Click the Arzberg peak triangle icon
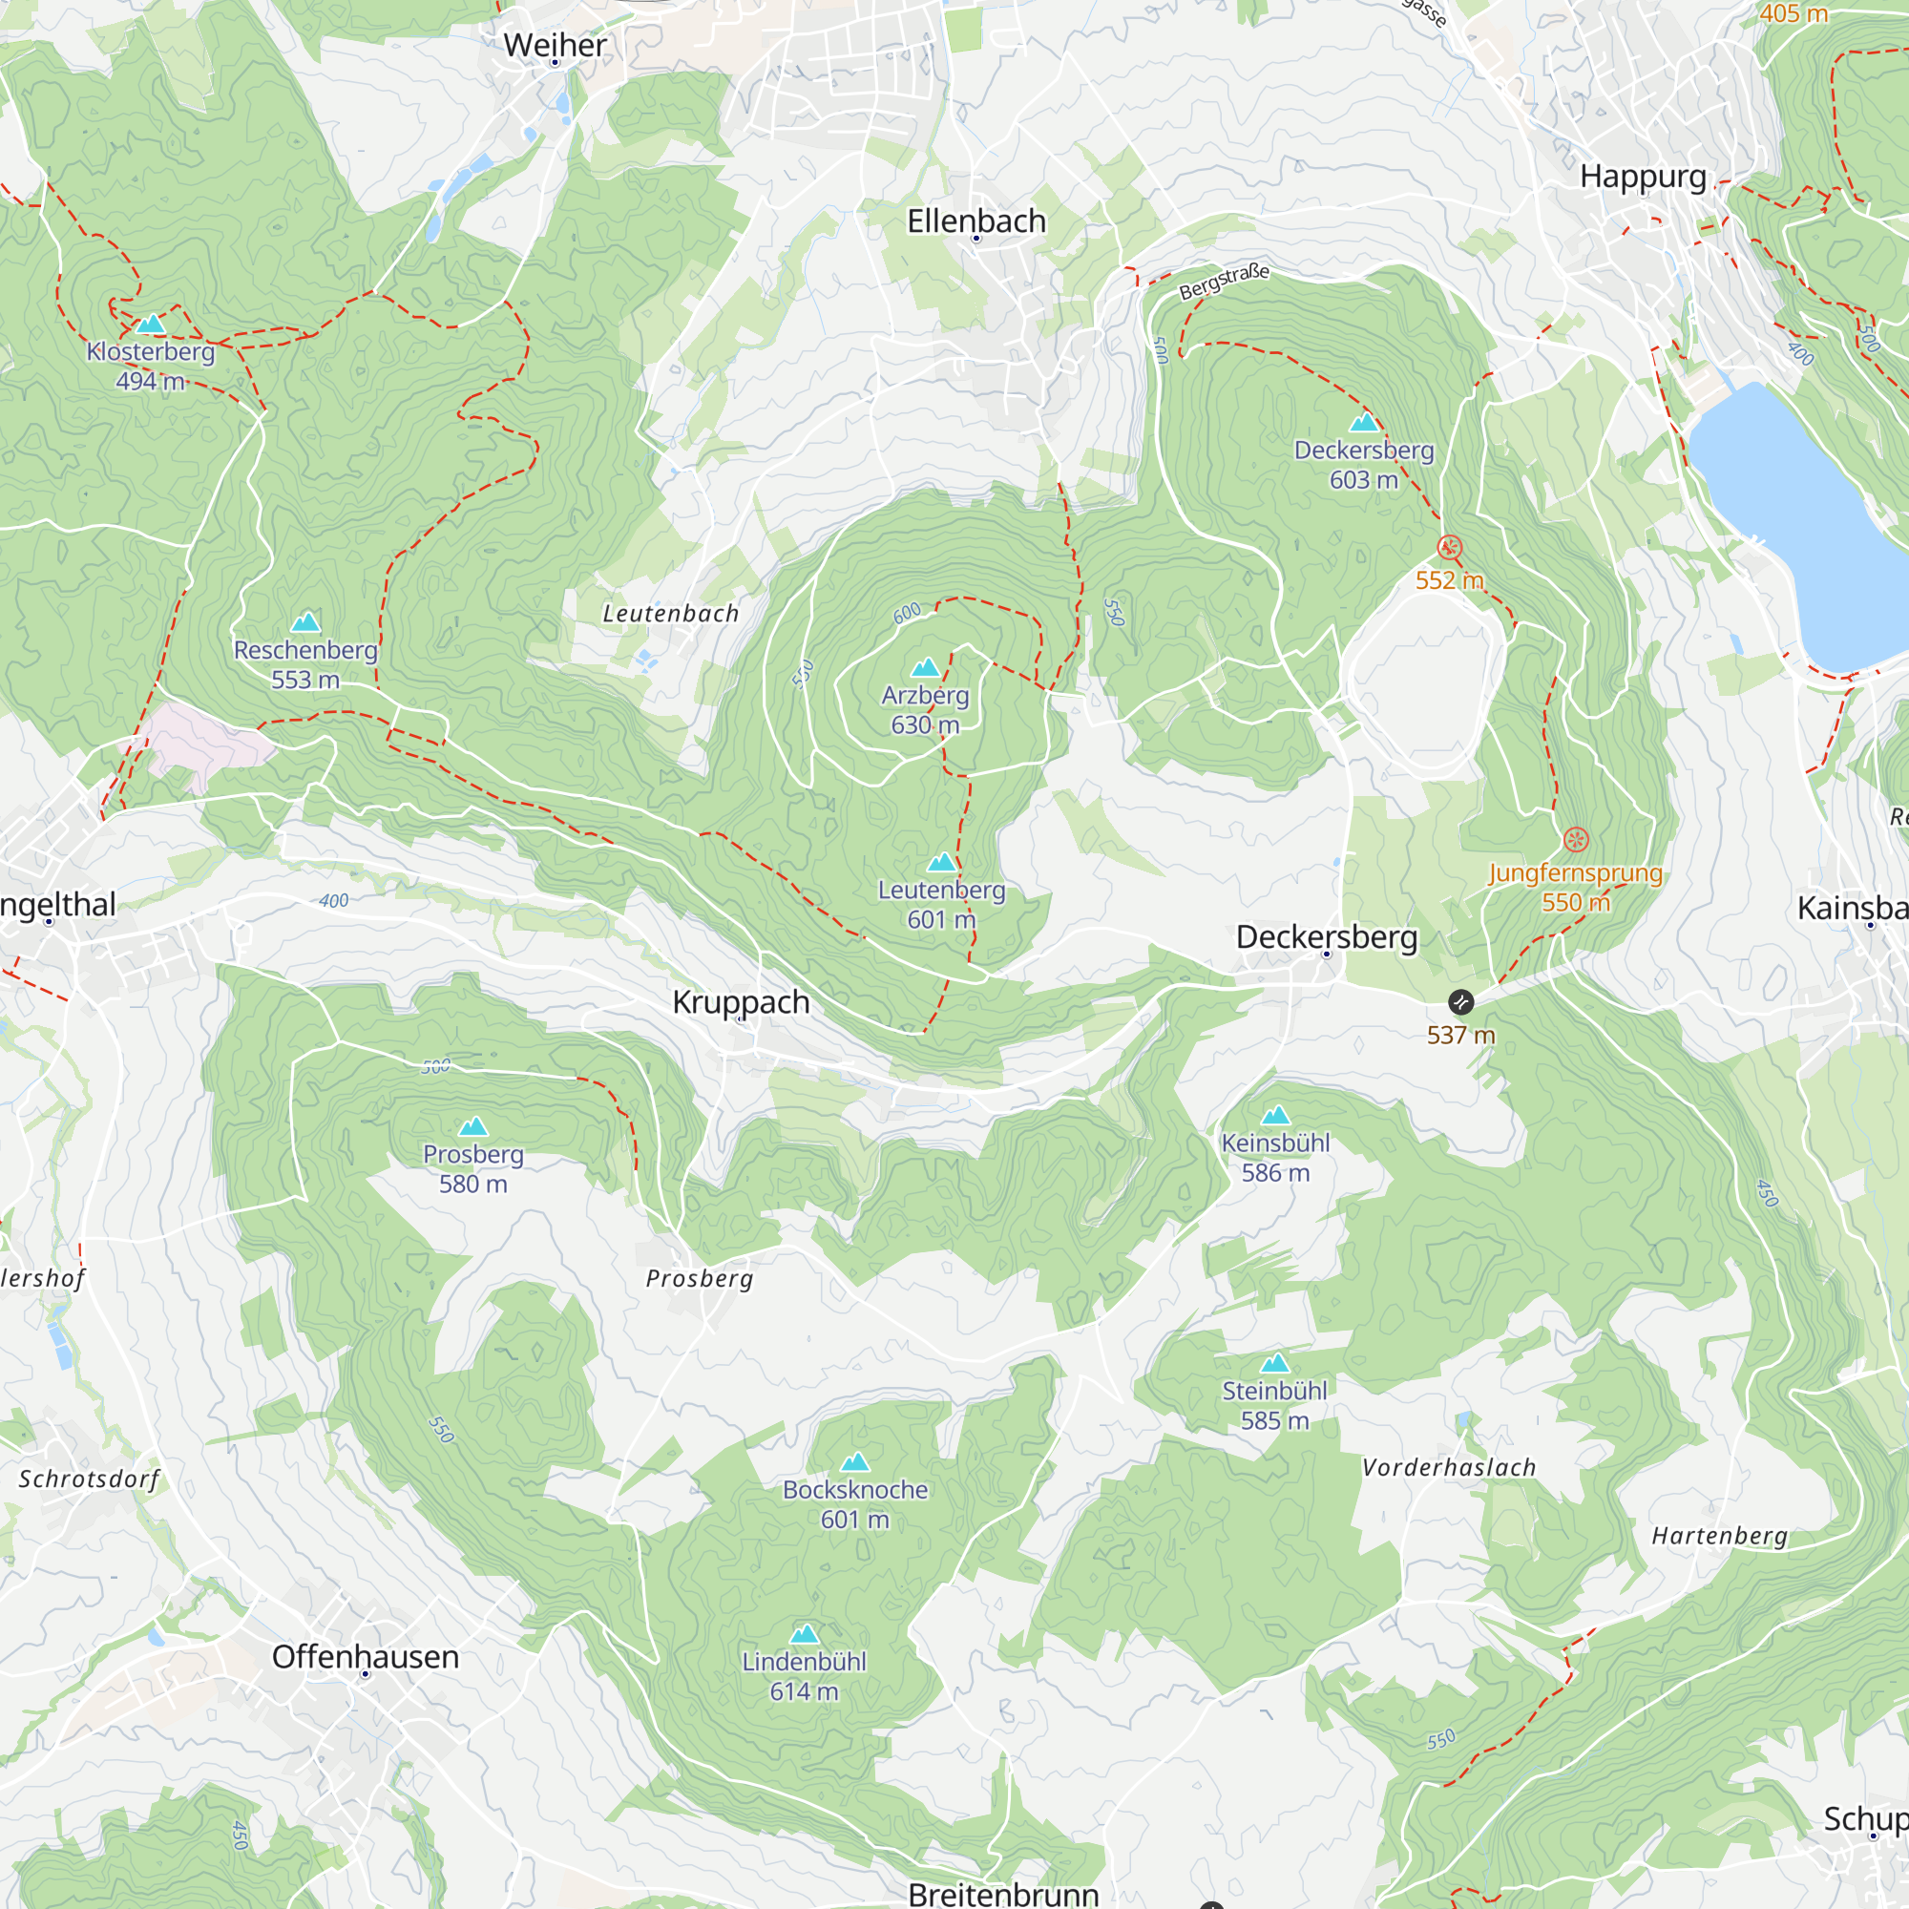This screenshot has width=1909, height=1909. [925, 668]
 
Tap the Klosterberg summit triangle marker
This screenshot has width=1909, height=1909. [150, 325]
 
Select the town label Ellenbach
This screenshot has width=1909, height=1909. [976, 221]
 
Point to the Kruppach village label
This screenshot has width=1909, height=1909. [740, 1002]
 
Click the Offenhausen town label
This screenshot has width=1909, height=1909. [365, 1657]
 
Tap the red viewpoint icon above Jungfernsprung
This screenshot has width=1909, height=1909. [1576, 840]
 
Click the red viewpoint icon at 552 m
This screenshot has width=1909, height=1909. [1449, 546]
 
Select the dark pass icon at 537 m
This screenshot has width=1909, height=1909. [1460, 1002]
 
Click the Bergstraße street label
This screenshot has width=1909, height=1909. [1224, 282]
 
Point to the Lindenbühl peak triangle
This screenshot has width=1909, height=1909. [805, 1634]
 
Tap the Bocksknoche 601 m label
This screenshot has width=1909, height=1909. [854, 1504]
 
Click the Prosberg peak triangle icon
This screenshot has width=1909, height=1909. [473, 1126]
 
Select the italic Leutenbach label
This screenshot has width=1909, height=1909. [671, 614]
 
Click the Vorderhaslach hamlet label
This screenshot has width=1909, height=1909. [1449, 1468]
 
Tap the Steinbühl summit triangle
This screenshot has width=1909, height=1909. [1274, 1364]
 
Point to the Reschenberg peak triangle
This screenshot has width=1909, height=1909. [305, 621]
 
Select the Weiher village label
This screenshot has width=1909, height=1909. [555, 46]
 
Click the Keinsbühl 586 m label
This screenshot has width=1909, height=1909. [1274, 1157]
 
